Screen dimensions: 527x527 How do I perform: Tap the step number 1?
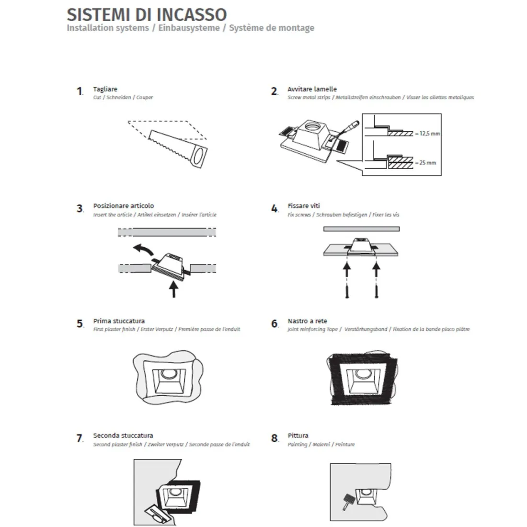[x=80, y=91]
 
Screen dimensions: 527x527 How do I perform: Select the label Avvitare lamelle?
[x=312, y=89]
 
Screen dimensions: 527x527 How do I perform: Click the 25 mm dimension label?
[x=427, y=163]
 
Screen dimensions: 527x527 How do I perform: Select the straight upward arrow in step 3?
[x=173, y=289]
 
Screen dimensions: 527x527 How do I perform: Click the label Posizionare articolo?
[x=123, y=206]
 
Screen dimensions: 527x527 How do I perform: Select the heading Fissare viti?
[x=304, y=206]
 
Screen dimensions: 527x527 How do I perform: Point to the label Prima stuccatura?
[x=118, y=321]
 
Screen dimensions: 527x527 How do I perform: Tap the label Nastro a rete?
[x=307, y=321]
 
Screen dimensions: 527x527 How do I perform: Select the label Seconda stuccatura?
[x=123, y=435]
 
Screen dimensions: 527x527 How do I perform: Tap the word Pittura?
[x=298, y=435]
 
